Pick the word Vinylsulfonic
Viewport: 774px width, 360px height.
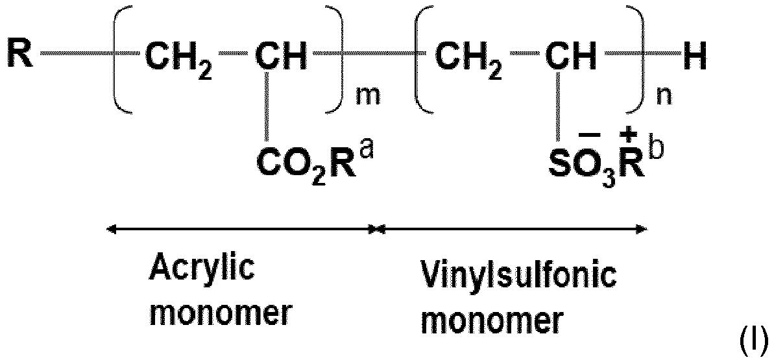pos(522,276)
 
